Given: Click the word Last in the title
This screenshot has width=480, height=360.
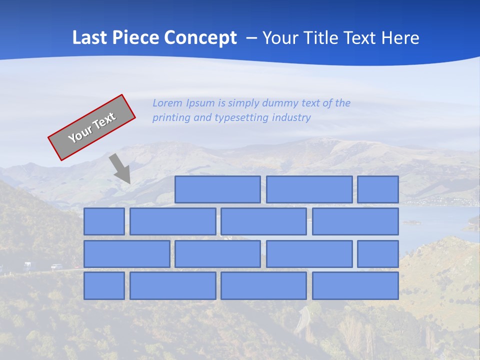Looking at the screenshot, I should coord(90,37).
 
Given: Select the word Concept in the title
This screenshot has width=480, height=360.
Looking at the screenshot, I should coord(200,37).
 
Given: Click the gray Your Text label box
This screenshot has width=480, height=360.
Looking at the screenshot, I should coord(92,127).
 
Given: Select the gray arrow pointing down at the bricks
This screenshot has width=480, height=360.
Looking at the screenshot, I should coord(120,168).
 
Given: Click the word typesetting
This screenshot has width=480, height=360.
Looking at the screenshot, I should coord(241,117).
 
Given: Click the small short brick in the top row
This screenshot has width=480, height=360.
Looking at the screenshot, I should coord(378,189).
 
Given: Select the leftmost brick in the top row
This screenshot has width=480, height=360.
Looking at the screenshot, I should coord(217,189).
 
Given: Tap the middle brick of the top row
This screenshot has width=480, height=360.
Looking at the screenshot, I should coord(309,189).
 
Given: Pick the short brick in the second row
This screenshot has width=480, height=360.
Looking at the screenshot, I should coord(104,221).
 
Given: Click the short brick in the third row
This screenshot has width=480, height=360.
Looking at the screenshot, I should coord(378,254).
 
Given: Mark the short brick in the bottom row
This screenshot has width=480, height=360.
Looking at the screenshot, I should coord(104,286).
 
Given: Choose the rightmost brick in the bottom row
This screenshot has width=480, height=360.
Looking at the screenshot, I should coord(355,286).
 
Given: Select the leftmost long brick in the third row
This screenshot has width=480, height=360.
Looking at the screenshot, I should coord(126,254).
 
